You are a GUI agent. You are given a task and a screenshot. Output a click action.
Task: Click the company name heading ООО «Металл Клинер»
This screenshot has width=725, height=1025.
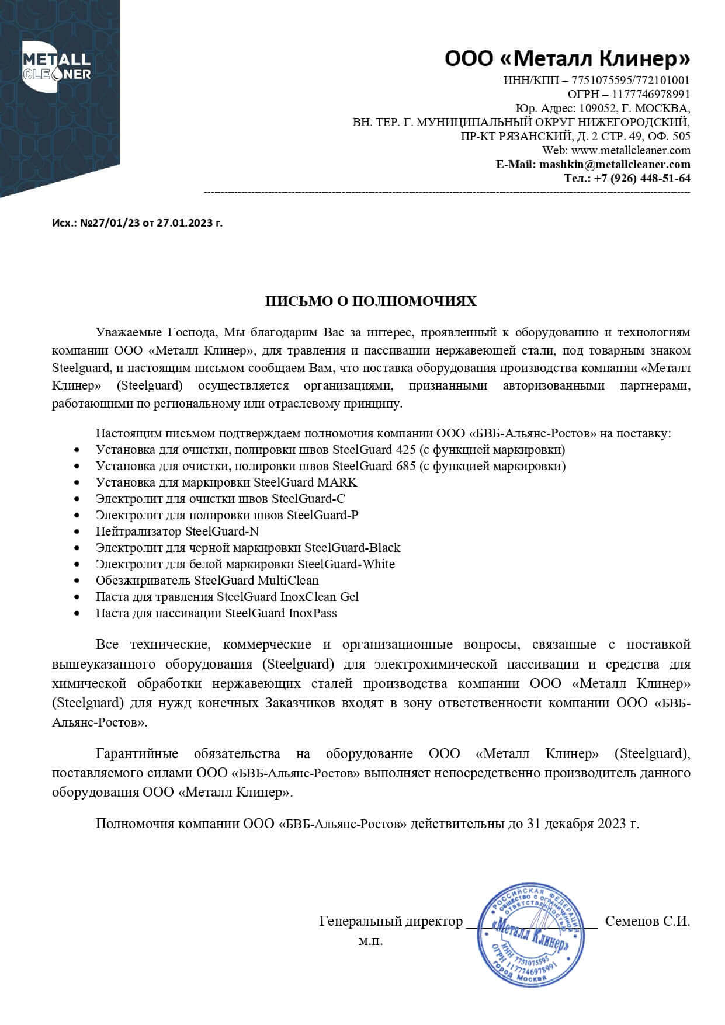[567, 58]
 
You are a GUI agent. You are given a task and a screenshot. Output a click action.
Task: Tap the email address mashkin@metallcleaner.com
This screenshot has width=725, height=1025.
[615, 164]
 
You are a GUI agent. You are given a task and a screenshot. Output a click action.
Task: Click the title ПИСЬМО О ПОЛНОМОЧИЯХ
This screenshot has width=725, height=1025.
[371, 301]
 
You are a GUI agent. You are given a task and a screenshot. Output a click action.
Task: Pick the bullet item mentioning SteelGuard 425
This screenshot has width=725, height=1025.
[330, 450]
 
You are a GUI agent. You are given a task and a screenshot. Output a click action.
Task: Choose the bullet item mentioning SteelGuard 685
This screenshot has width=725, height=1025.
[330, 466]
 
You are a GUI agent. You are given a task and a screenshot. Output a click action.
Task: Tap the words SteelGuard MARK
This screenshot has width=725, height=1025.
[305, 482]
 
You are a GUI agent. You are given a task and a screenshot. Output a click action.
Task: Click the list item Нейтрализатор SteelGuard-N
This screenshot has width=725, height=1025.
[177, 531]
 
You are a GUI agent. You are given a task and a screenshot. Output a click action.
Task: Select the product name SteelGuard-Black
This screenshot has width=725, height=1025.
[352, 548]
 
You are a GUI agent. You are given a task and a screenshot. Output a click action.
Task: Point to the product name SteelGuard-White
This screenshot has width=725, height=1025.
[346, 564]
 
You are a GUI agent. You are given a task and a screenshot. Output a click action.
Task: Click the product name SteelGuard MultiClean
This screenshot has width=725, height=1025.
[256, 581]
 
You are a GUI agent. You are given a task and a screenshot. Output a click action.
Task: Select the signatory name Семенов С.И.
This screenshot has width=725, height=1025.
[647, 922]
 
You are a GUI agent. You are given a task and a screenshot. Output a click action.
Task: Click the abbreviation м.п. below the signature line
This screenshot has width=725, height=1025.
[370, 941]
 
